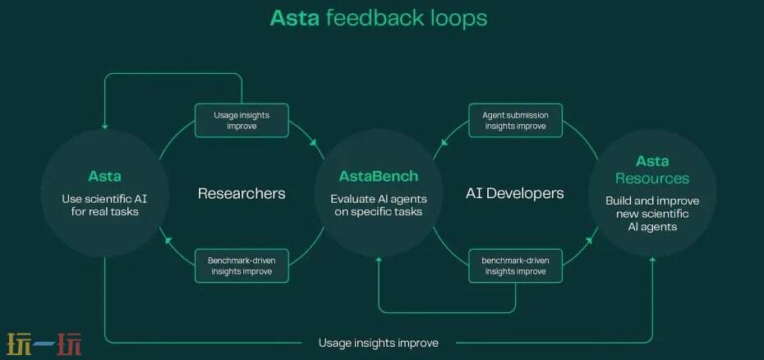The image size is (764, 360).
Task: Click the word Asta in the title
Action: (295, 17)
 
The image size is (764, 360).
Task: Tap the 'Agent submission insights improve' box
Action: (515, 121)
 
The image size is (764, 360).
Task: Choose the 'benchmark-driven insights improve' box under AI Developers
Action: (515, 265)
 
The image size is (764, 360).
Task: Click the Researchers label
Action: (242, 193)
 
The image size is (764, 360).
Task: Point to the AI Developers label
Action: (515, 193)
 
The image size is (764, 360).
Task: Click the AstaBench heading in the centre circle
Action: (379, 176)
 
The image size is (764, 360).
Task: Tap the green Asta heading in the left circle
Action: (104, 176)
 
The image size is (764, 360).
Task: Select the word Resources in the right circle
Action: (652, 178)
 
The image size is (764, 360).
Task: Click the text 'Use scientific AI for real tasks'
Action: (104, 205)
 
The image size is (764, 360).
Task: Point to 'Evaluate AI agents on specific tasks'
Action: (379, 205)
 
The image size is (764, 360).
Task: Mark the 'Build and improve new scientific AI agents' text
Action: (652, 213)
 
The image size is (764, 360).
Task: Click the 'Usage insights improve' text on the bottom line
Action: (379, 343)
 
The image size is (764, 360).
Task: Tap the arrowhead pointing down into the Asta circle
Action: (104, 127)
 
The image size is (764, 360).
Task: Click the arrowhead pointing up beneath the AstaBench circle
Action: (379, 261)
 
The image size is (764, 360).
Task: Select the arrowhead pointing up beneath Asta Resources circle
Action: (652, 261)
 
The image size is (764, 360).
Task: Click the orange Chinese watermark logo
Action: (44, 344)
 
